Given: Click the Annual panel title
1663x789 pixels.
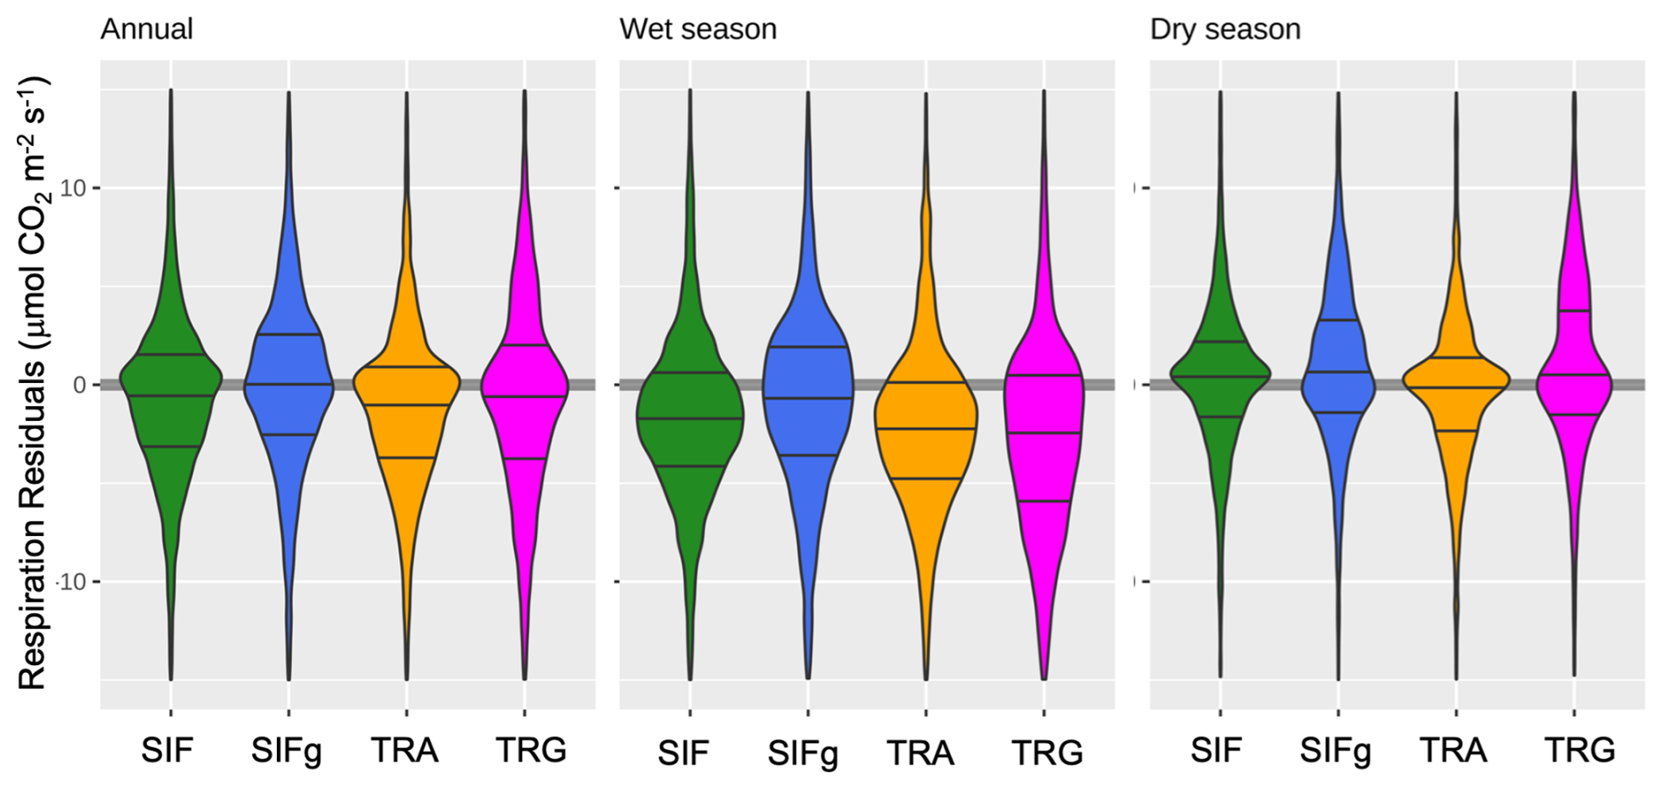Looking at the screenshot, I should tap(146, 29).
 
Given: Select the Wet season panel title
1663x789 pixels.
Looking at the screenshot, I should tap(698, 29).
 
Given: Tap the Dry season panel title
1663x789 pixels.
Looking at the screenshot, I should tap(1225, 29).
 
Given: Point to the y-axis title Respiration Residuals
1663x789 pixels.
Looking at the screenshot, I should tap(33, 383).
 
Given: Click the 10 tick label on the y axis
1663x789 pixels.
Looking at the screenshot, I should tap(74, 188).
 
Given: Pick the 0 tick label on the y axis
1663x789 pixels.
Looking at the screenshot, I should tap(80, 385).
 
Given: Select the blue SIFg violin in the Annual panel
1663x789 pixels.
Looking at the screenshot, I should tap(288, 387).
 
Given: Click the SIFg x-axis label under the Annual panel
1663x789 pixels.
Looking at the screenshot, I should tap(287, 751).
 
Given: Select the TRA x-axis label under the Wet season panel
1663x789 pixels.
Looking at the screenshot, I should tap(920, 754).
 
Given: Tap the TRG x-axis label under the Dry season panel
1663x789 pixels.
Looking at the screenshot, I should tap(1579, 750).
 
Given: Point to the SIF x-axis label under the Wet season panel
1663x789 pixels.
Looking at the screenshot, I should tap(683, 754).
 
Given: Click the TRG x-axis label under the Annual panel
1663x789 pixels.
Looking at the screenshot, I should tap(531, 750).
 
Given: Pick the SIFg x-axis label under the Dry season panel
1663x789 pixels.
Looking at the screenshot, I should tap(1335, 751).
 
